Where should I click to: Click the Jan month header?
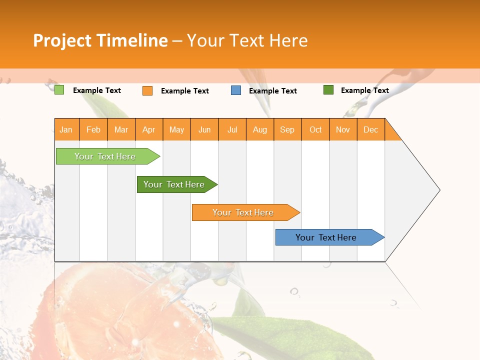[x=66, y=129]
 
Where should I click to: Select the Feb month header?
[x=93, y=129]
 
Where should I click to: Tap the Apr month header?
[x=149, y=129]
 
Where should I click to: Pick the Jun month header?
[x=204, y=129]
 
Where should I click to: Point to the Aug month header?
[x=260, y=129]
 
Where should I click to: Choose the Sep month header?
[x=287, y=129]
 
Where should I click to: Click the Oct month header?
[x=315, y=129]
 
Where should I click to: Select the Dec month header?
[x=371, y=129]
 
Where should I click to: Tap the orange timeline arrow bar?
[x=243, y=212]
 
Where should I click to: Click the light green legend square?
[x=59, y=90]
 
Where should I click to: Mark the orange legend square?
[x=147, y=90]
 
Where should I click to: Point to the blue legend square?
[x=236, y=90]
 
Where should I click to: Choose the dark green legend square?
[x=328, y=90]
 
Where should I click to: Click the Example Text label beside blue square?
[x=273, y=91]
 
